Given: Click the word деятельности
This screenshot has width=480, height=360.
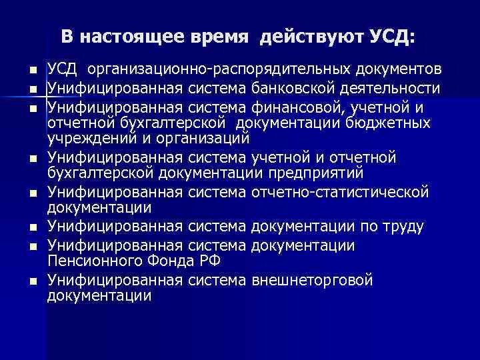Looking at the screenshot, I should coord(389,89).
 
